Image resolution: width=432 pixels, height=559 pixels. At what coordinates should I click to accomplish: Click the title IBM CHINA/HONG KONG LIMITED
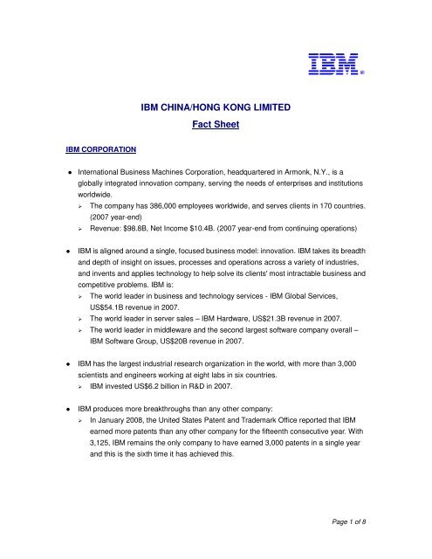(216, 107)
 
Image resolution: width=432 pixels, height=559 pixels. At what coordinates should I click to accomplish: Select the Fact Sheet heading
(216, 126)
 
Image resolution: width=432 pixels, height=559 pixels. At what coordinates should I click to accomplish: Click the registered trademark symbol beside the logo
(361, 74)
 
